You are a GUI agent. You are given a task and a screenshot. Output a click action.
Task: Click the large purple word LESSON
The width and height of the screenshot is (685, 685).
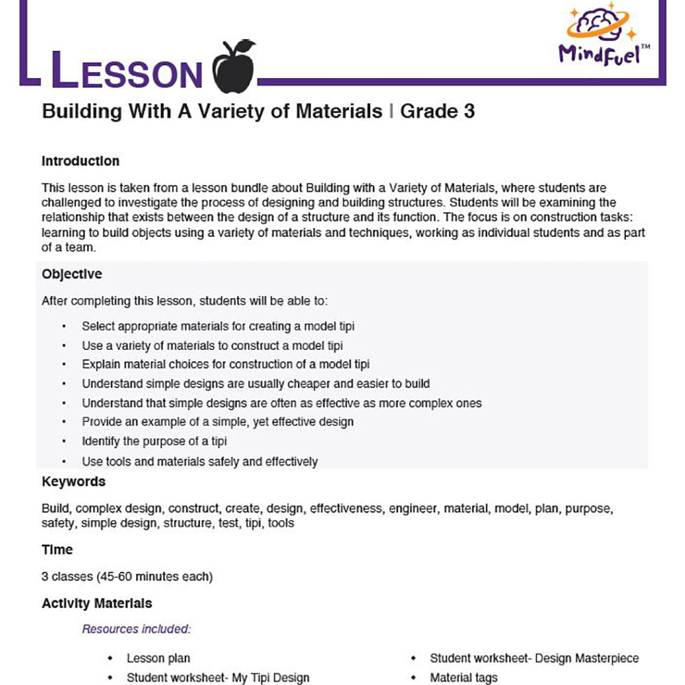(127, 70)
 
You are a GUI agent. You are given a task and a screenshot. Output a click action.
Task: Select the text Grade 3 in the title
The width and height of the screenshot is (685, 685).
(437, 111)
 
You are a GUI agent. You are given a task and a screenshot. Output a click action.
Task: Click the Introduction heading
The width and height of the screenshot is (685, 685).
(80, 162)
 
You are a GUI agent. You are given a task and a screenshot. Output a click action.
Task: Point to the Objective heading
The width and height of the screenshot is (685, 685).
(72, 274)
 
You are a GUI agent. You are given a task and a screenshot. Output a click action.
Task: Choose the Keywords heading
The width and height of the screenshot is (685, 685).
(73, 482)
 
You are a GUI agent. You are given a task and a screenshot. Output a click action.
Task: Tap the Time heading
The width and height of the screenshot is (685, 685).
(57, 549)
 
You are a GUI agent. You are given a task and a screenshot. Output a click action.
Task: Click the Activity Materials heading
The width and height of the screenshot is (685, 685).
(97, 603)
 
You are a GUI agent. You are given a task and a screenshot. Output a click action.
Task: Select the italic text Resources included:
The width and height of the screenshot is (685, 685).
(136, 629)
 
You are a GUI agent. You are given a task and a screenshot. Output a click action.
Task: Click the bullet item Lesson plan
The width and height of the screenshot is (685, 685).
(159, 658)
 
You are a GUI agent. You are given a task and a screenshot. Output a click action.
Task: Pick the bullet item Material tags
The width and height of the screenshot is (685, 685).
(463, 677)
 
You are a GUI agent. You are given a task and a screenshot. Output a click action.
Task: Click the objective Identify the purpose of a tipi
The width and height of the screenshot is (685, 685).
(154, 441)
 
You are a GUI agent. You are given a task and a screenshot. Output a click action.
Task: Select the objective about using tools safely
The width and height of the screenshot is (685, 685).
(199, 462)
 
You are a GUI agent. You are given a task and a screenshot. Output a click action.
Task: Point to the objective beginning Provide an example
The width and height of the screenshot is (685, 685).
(217, 422)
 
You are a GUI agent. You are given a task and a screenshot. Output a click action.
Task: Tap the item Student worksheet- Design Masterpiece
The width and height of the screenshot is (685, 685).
(534, 658)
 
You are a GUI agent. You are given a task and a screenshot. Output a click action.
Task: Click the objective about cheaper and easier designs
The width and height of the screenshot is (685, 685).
(256, 384)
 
